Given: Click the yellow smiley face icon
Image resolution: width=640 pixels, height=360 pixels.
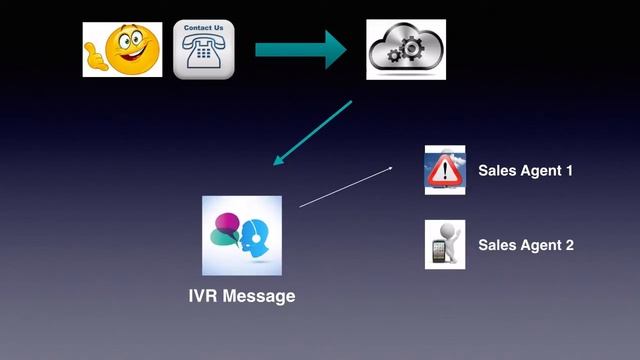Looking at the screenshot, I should tap(122, 49).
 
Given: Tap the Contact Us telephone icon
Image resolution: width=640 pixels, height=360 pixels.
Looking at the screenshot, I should tap(204, 49).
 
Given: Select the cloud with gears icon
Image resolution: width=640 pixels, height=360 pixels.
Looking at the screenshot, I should tap(406, 49).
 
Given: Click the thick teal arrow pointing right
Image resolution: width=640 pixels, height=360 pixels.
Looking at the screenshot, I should tap(300, 49).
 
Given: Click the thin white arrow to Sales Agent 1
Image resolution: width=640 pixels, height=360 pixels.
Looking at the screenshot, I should tap(346, 187).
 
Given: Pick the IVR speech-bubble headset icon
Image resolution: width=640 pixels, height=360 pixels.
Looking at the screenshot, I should tap(242, 235).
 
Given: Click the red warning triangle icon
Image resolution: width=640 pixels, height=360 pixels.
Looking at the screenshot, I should tap(445, 170).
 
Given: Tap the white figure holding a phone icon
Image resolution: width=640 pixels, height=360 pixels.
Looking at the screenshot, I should tap(445, 245).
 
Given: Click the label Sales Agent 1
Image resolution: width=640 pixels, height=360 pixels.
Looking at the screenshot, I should tap(525, 170).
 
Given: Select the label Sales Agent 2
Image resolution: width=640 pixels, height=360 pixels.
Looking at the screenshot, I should tap(525, 245).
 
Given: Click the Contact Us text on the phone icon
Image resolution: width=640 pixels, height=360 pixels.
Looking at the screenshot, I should tap(204, 27).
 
